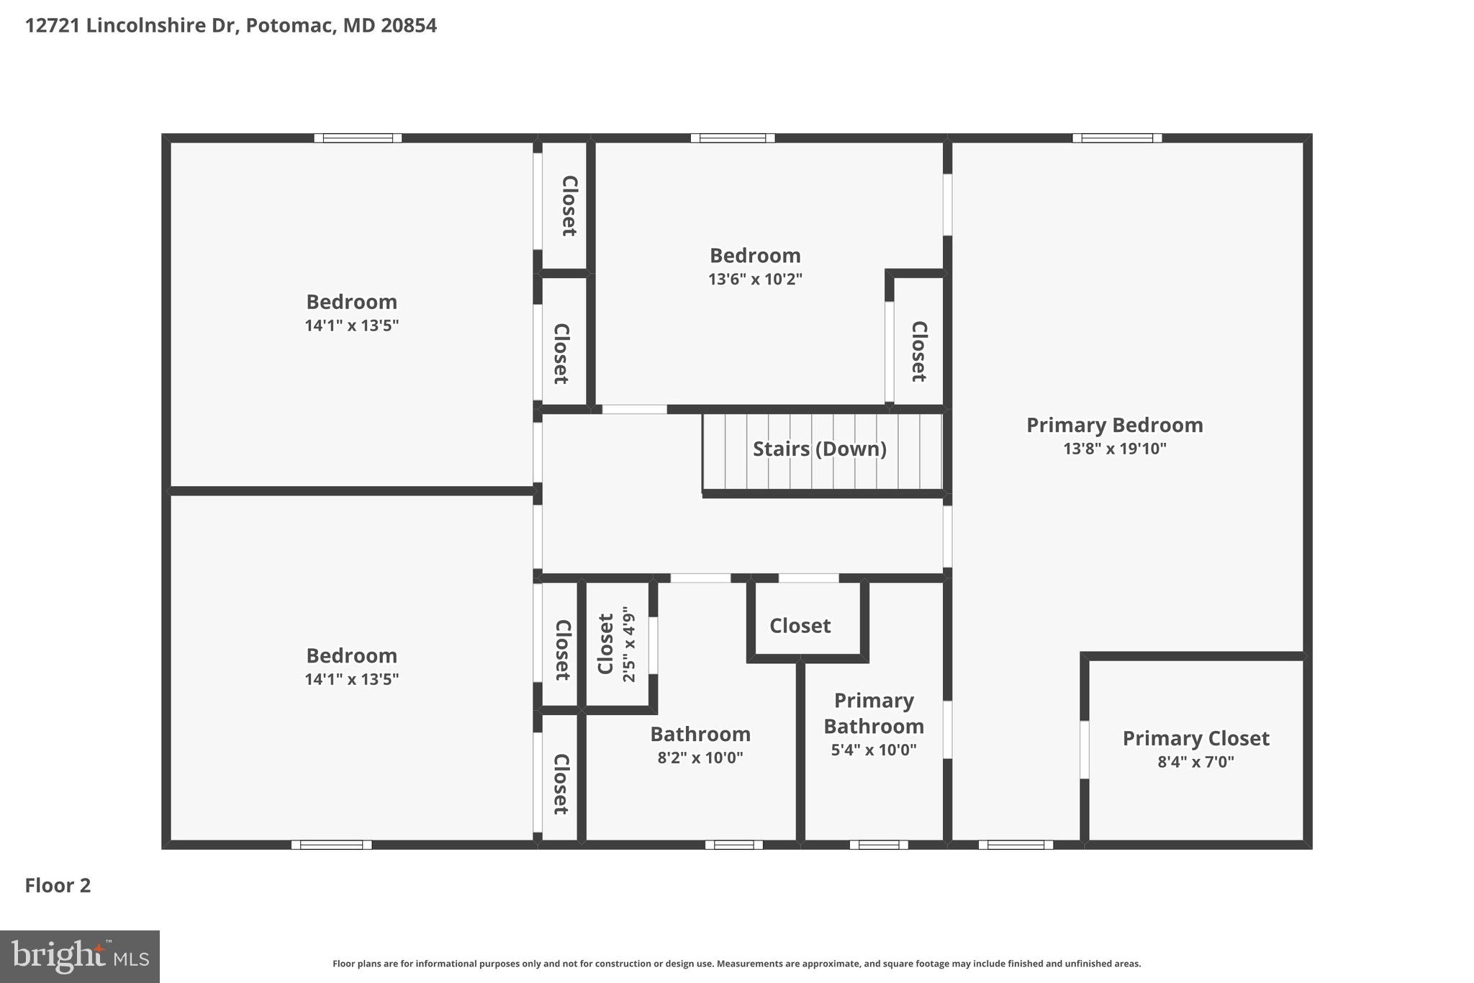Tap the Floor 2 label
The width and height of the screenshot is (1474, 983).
point(58,885)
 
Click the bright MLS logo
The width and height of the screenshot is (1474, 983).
point(79,956)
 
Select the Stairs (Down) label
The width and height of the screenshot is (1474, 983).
point(819,449)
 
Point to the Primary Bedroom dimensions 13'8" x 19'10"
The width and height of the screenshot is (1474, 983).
point(1114,449)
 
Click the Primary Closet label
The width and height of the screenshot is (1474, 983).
point(1195,738)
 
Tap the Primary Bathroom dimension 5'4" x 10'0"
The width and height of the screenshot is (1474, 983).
point(873,750)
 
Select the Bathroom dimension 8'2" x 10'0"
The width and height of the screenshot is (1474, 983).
point(700,758)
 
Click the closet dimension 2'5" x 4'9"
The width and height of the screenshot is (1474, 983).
point(629,644)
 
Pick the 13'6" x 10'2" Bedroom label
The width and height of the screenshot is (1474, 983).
point(754,256)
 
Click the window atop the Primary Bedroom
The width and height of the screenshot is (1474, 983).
point(1116,138)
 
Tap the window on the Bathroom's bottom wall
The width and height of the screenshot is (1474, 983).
point(733,845)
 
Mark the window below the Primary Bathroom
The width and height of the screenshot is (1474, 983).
point(878,845)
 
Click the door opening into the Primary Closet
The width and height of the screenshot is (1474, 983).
point(1084,750)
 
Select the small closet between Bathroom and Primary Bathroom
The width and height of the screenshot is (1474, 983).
point(800,626)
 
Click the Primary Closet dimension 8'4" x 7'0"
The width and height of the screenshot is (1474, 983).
point(1195,762)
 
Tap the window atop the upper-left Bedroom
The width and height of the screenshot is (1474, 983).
point(358,138)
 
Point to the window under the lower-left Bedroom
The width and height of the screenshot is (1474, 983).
point(331,845)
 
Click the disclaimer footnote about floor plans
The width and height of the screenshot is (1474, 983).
point(736,964)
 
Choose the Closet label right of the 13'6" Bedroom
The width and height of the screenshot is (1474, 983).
point(918,351)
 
